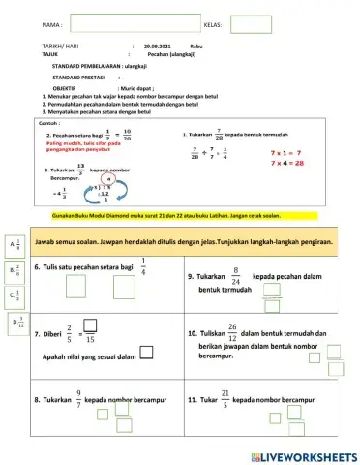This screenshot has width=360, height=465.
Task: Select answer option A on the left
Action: click(x=15, y=247)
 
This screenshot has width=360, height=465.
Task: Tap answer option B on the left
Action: click(x=15, y=272)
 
